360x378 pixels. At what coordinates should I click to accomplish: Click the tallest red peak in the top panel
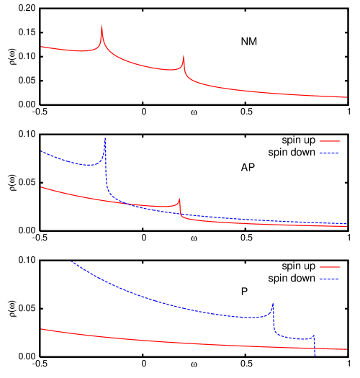(102, 26)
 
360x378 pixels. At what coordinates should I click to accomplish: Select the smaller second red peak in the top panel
(184, 56)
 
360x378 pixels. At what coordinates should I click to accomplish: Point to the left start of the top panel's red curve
(42, 47)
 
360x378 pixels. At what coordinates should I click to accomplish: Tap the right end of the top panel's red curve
(347, 96)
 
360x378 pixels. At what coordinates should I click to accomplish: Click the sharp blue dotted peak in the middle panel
(105, 139)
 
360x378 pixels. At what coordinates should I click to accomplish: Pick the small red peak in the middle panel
(179, 199)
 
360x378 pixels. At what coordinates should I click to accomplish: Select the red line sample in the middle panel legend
(329, 141)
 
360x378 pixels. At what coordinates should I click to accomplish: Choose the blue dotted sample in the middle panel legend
(329, 153)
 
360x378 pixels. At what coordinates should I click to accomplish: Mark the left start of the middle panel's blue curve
(42, 151)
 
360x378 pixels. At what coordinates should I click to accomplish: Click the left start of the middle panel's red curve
(42, 187)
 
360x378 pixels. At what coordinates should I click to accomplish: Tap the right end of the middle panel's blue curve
(347, 224)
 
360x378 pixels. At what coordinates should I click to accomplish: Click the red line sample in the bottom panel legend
(329, 267)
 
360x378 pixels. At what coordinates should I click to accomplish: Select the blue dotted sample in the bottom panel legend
(329, 279)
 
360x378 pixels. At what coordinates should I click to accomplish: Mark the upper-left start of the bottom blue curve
(71, 262)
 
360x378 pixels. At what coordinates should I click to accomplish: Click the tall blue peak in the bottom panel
(273, 304)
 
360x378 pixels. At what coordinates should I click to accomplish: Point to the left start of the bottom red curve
(42, 329)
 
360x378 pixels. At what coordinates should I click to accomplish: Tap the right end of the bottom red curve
(347, 350)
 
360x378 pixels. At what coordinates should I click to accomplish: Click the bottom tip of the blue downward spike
(315, 355)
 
